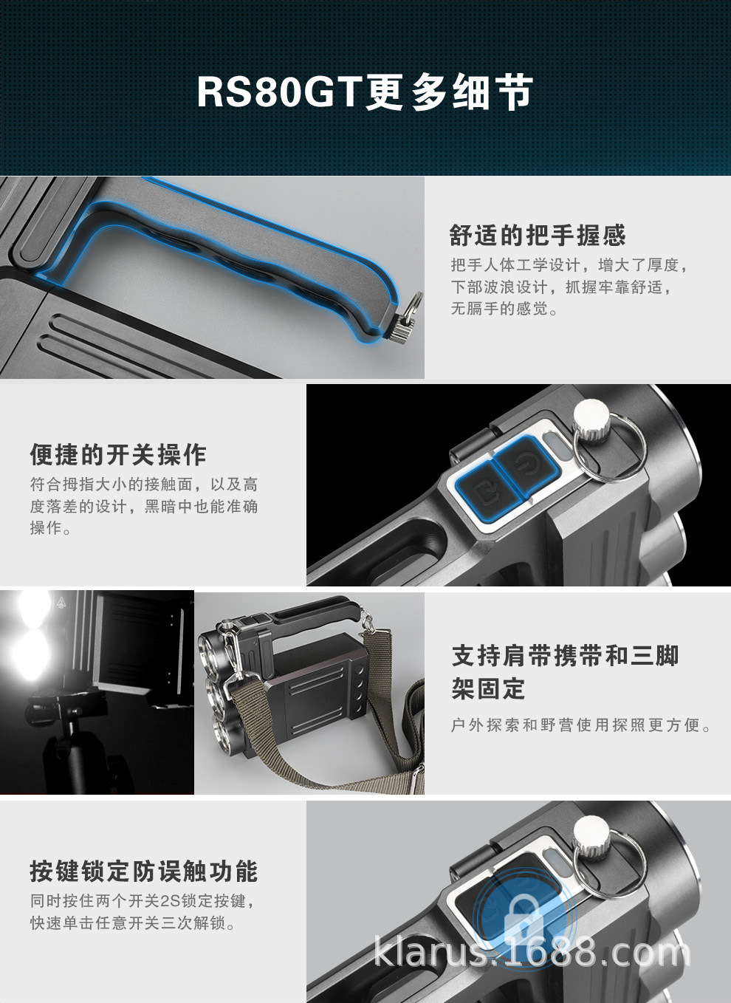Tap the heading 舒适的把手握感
coord(537,236)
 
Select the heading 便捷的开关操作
coord(118,455)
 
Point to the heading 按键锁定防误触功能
coord(144,872)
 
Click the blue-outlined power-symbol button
coord(525,463)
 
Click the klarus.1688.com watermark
coord(532,952)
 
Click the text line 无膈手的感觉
coord(505,309)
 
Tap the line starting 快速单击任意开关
coord(133,923)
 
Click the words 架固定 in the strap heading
coord(488,689)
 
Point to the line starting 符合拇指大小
coord(144,485)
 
